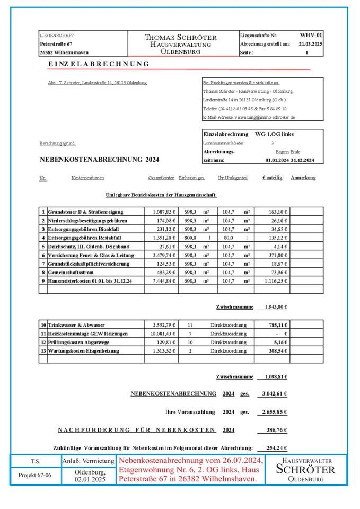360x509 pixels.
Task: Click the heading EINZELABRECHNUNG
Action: coord(98,64)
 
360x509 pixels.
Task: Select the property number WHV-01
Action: coord(311,36)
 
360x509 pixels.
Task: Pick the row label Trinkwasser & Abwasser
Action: coord(76,324)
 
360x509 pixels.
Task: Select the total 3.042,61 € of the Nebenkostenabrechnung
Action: coord(274,393)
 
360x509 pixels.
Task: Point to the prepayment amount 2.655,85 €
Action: coord(274,411)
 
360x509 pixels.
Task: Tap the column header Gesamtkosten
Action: coord(162,178)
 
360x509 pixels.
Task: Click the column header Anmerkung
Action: coord(303,178)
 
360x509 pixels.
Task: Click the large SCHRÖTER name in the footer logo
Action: coord(306,470)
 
